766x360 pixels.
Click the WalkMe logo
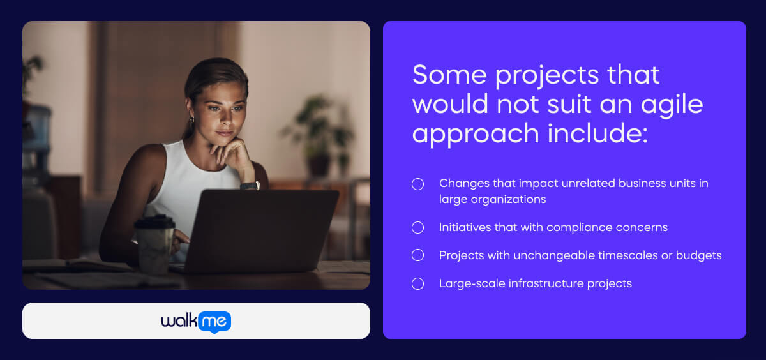[x=196, y=321]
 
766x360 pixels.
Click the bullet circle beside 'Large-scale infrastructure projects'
[x=417, y=283]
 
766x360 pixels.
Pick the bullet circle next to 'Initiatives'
[x=417, y=227]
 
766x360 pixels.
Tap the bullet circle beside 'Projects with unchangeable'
[x=417, y=255]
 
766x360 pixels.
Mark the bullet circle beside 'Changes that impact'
[x=417, y=184]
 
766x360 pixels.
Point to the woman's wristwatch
[x=250, y=186]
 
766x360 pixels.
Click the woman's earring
[x=191, y=119]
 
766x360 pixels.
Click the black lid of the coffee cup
[x=154, y=221]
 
